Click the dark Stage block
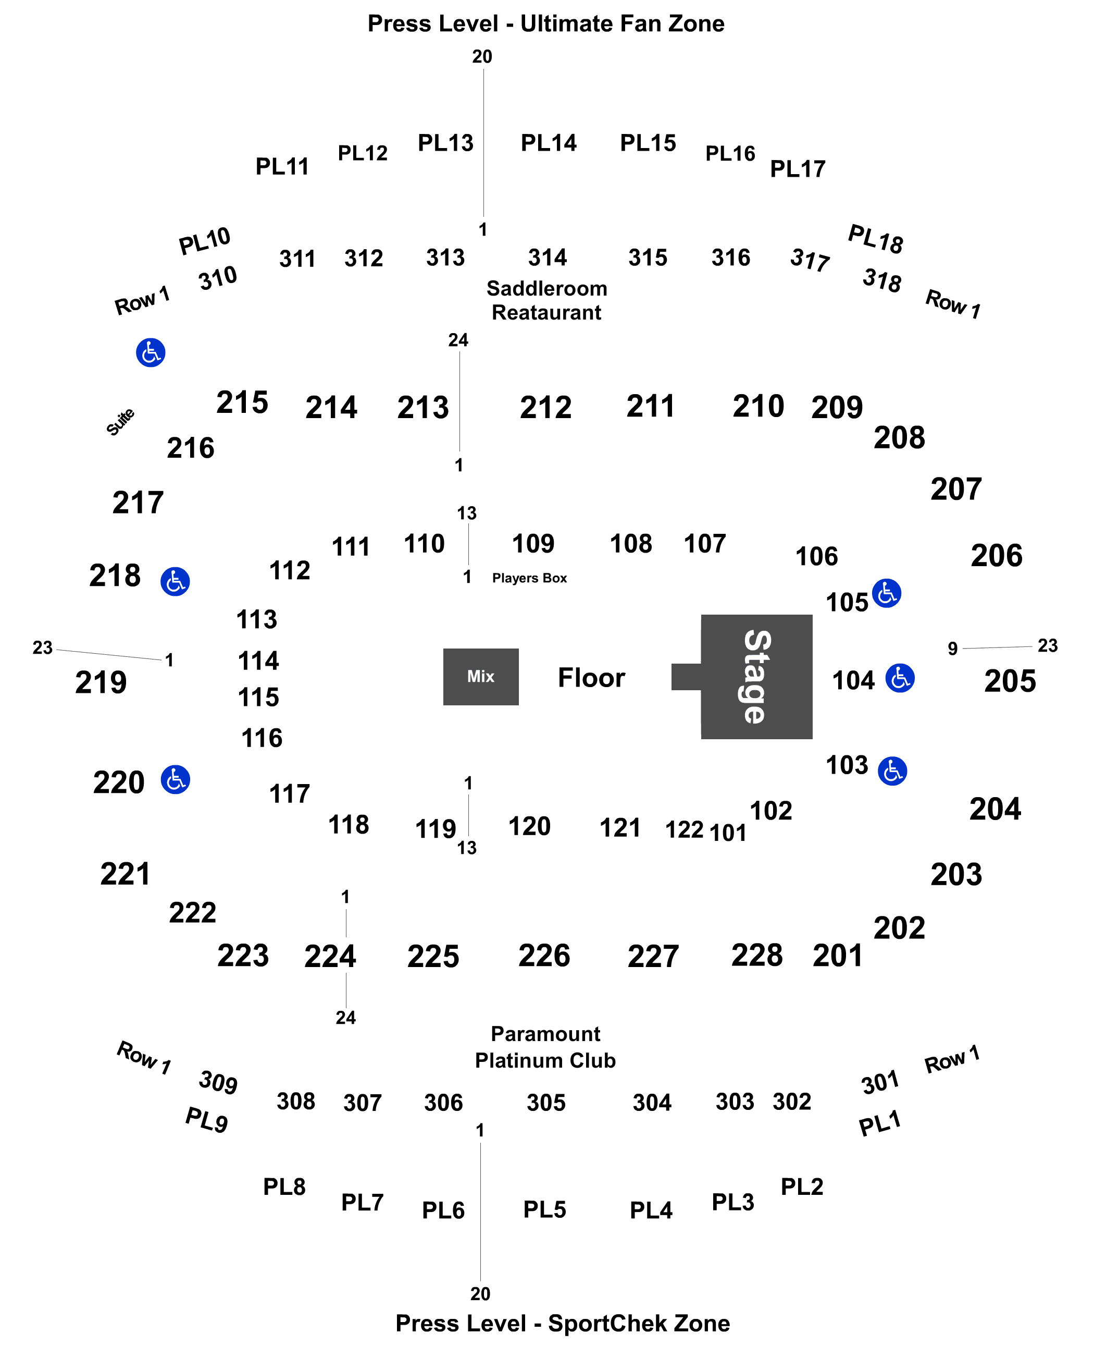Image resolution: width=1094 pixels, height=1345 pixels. (756, 677)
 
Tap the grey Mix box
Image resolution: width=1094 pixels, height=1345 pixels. (481, 677)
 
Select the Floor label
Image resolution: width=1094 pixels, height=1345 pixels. (591, 678)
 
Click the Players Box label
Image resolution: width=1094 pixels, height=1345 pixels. (529, 578)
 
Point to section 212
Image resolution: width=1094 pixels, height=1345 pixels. (546, 407)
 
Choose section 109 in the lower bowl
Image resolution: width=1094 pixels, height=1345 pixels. (533, 544)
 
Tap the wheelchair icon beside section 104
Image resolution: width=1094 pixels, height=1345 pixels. (900, 678)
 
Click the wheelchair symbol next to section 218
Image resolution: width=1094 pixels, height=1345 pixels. (175, 581)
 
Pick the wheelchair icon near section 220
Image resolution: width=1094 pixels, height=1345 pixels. (175, 780)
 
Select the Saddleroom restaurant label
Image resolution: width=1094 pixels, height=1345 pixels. (546, 300)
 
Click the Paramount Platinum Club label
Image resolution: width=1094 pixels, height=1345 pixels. (546, 1047)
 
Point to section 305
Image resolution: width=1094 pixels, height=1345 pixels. (546, 1103)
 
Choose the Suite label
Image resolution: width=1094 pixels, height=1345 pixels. (120, 422)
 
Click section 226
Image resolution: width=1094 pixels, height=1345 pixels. (544, 956)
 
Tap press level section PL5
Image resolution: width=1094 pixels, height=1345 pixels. (544, 1209)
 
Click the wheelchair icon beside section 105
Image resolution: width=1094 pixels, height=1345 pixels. (887, 593)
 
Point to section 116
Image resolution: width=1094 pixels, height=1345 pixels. (262, 738)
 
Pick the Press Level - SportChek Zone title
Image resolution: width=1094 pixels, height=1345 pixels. (563, 1323)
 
